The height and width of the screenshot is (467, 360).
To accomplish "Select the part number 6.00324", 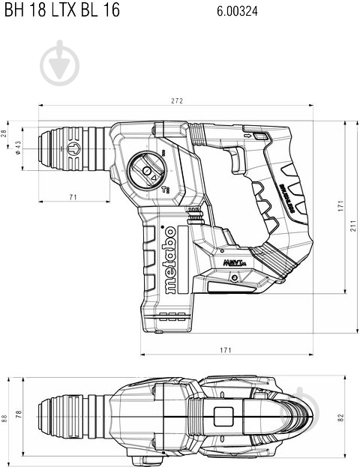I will point(235,10).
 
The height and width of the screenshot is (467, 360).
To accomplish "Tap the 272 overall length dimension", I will point(177,100).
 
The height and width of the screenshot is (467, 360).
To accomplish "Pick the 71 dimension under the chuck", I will point(73,197).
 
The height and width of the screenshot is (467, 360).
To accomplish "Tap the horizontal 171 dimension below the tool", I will point(225,349).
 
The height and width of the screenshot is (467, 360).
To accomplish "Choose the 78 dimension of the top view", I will point(19,415).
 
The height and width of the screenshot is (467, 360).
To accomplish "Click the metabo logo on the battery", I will point(169,262).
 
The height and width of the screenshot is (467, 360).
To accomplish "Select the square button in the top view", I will point(223,416).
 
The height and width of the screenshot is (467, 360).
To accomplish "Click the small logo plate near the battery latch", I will point(231,265).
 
